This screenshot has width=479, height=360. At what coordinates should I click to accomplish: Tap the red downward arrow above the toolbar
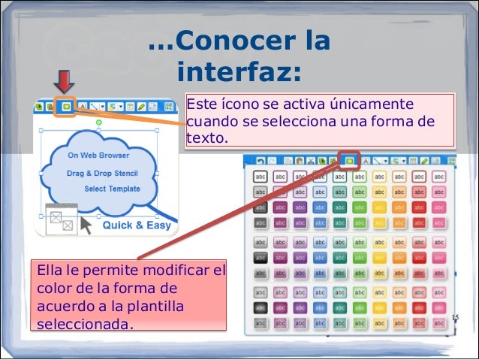tap(64, 81)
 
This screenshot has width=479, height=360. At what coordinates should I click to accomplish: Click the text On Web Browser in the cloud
tap(98, 156)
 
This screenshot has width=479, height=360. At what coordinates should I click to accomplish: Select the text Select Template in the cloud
tap(112, 189)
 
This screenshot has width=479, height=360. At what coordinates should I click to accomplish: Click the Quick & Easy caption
tap(137, 225)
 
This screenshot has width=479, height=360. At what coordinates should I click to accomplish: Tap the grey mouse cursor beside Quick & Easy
tap(87, 225)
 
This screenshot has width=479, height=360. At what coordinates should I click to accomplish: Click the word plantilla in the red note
tap(157, 307)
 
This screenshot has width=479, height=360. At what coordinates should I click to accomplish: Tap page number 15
tap(454, 319)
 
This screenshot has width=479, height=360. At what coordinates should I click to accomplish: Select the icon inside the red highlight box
tap(349, 160)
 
